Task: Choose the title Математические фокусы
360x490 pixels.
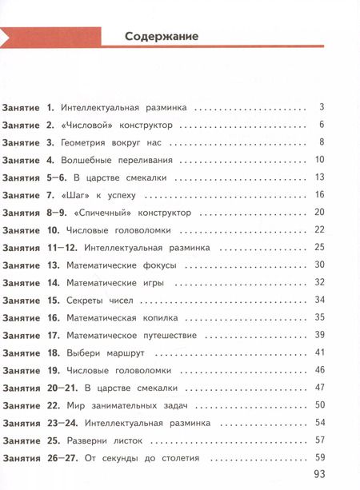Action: click(x=119, y=265)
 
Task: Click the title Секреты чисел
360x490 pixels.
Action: click(x=100, y=300)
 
